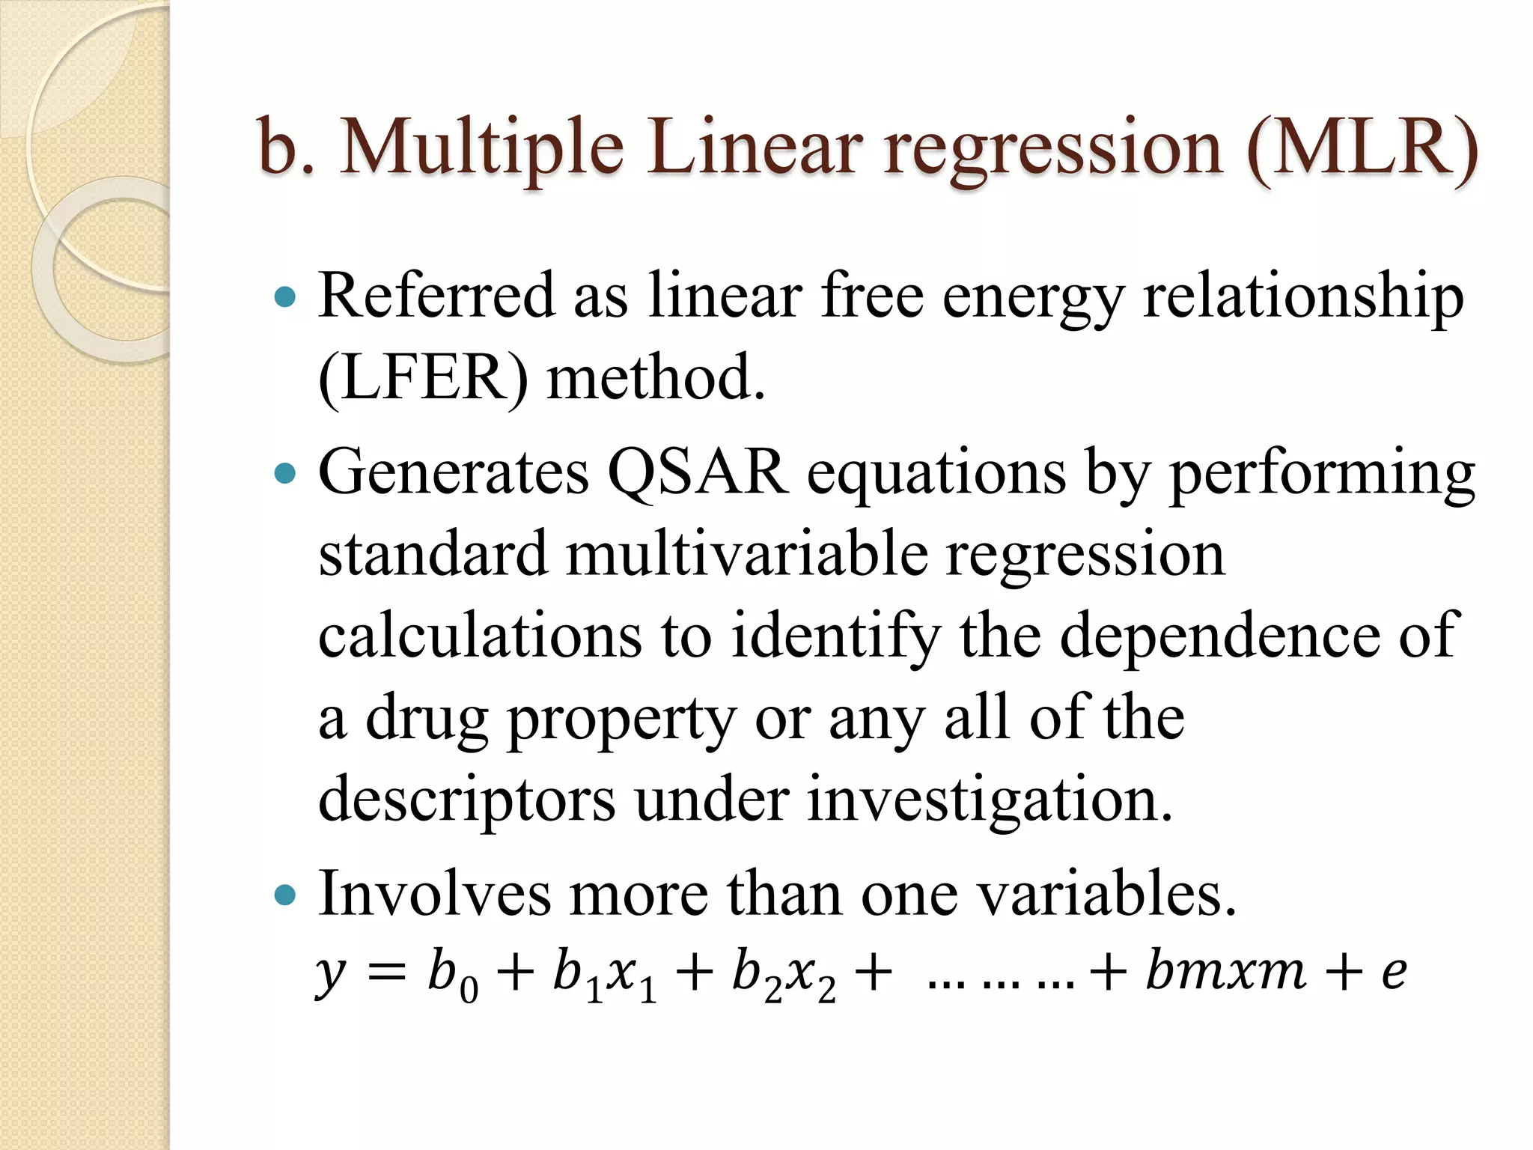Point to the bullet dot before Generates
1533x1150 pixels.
click(x=286, y=473)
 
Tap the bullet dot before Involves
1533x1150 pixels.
click(x=286, y=894)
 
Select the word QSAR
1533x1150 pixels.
click(x=698, y=473)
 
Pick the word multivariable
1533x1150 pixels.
click(x=746, y=556)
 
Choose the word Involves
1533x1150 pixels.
click(x=435, y=894)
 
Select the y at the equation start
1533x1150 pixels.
click(x=330, y=973)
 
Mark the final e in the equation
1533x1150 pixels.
click(x=1393, y=973)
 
